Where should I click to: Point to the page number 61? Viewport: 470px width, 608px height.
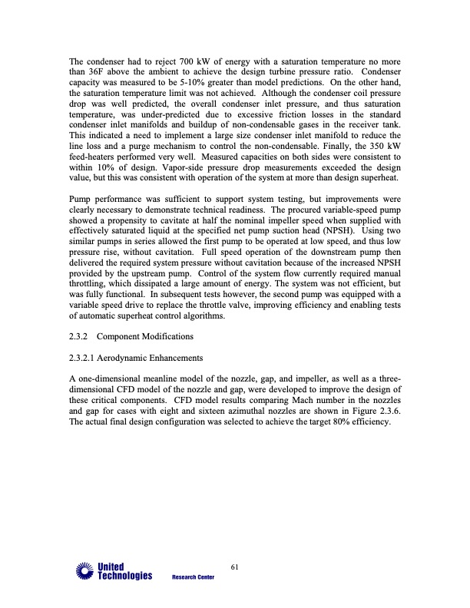pyautogui.click(x=235, y=567)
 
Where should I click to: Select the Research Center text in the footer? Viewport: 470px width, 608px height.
pyautogui.click(x=194, y=578)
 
